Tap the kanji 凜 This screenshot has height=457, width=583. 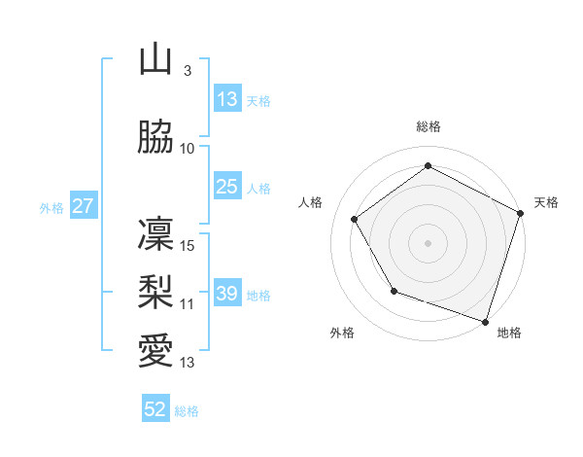pyautogui.click(x=155, y=234)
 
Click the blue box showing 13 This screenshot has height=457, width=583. pyautogui.click(x=227, y=99)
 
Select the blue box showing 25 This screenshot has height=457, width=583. pyautogui.click(x=227, y=187)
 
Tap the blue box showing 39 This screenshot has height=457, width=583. pyautogui.click(x=227, y=294)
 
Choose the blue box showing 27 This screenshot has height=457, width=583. pyautogui.click(x=83, y=206)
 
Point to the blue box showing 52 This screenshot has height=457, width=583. pyautogui.click(x=155, y=409)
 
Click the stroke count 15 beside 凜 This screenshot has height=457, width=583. pyautogui.click(x=189, y=246)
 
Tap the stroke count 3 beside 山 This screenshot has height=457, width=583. pyautogui.click(x=187, y=71)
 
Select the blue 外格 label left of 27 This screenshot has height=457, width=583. pyautogui.click(x=51, y=207)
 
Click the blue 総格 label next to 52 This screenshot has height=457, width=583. pyautogui.click(x=187, y=411)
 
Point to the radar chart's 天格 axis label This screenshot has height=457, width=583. pyautogui.click(x=546, y=202)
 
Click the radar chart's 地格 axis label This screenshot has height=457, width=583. pyautogui.click(x=509, y=333)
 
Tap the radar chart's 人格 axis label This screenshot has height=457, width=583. pyautogui.click(x=311, y=202)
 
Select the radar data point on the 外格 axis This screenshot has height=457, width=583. pyautogui.click(x=394, y=291)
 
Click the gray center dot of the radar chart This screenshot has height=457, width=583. pyautogui.click(x=429, y=242)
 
